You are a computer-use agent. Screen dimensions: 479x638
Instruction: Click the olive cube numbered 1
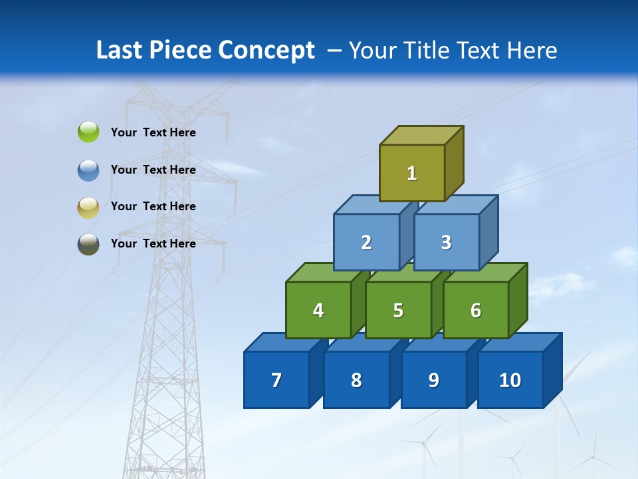(412, 173)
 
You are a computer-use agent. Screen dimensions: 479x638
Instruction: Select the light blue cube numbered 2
(366, 242)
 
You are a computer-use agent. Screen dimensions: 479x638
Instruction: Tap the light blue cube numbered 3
(446, 242)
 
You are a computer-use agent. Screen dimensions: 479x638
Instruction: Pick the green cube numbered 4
(318, 310)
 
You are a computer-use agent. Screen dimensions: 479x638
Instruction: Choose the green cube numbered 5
(398, 310)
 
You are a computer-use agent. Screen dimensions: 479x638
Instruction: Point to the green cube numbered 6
(475, 310)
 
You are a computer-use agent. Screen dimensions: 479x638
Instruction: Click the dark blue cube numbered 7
(276, 380)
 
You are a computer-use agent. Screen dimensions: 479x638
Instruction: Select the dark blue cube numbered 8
(356, 380)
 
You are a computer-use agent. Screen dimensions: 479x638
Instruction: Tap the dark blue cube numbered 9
(433, 380)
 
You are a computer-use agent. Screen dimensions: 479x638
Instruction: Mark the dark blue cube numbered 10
(510, 380)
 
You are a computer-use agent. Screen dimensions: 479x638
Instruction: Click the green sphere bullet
(88, 132)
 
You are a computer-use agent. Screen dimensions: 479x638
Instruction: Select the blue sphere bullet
(88, 170)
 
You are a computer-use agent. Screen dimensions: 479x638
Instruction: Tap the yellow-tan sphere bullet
(88, 207)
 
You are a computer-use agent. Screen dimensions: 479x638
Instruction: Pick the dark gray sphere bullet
(88, 243)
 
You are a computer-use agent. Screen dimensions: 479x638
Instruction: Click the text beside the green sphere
(153, 132)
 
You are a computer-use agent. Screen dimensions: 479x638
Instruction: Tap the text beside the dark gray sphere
(153, 243)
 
